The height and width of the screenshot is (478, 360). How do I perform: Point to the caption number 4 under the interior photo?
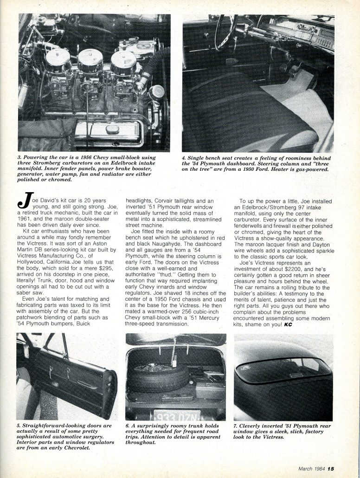184,159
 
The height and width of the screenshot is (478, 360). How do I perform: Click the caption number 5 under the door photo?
19,425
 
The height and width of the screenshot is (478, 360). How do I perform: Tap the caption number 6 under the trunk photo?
127,425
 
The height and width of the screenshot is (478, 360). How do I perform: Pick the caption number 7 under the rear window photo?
236,425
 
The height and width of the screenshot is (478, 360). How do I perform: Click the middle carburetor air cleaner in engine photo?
90,61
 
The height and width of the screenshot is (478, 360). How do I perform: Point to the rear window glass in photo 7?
283,369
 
